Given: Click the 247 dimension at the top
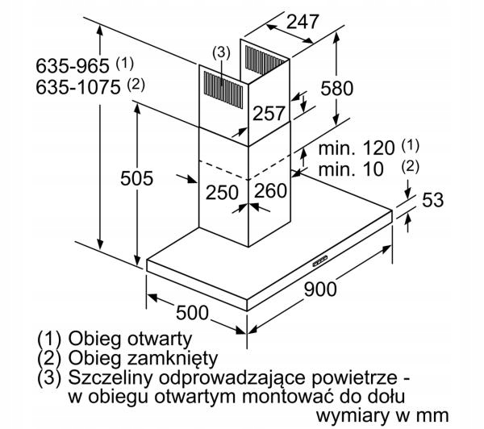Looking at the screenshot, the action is point(302,22).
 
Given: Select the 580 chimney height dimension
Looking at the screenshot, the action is point(336,88).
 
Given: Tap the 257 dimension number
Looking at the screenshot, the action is point(269,113).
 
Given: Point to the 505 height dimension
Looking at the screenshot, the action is point(137,178).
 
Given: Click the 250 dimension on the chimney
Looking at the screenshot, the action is point(222,192).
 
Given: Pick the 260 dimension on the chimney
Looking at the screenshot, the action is point(270,190).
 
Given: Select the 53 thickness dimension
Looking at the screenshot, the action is point(432,200).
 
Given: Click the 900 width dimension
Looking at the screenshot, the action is point(320,289).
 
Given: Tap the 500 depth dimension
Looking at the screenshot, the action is point(192,312).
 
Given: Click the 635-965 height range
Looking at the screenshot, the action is point(73,66).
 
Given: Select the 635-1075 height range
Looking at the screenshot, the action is point(77,87).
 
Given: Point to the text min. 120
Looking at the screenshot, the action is point(357,148).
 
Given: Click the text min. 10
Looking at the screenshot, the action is point(351,169).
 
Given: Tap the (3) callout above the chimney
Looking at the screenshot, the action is point(221,52).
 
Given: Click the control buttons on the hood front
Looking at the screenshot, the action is point(320,261).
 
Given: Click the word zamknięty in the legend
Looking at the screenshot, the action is point(173,359).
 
